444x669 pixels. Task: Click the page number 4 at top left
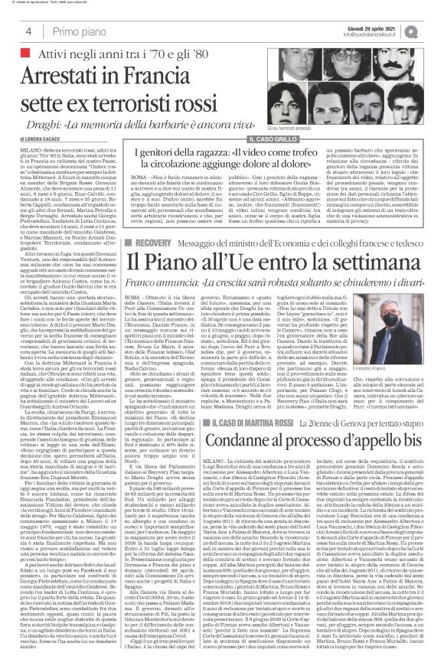(x=28, y=31)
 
